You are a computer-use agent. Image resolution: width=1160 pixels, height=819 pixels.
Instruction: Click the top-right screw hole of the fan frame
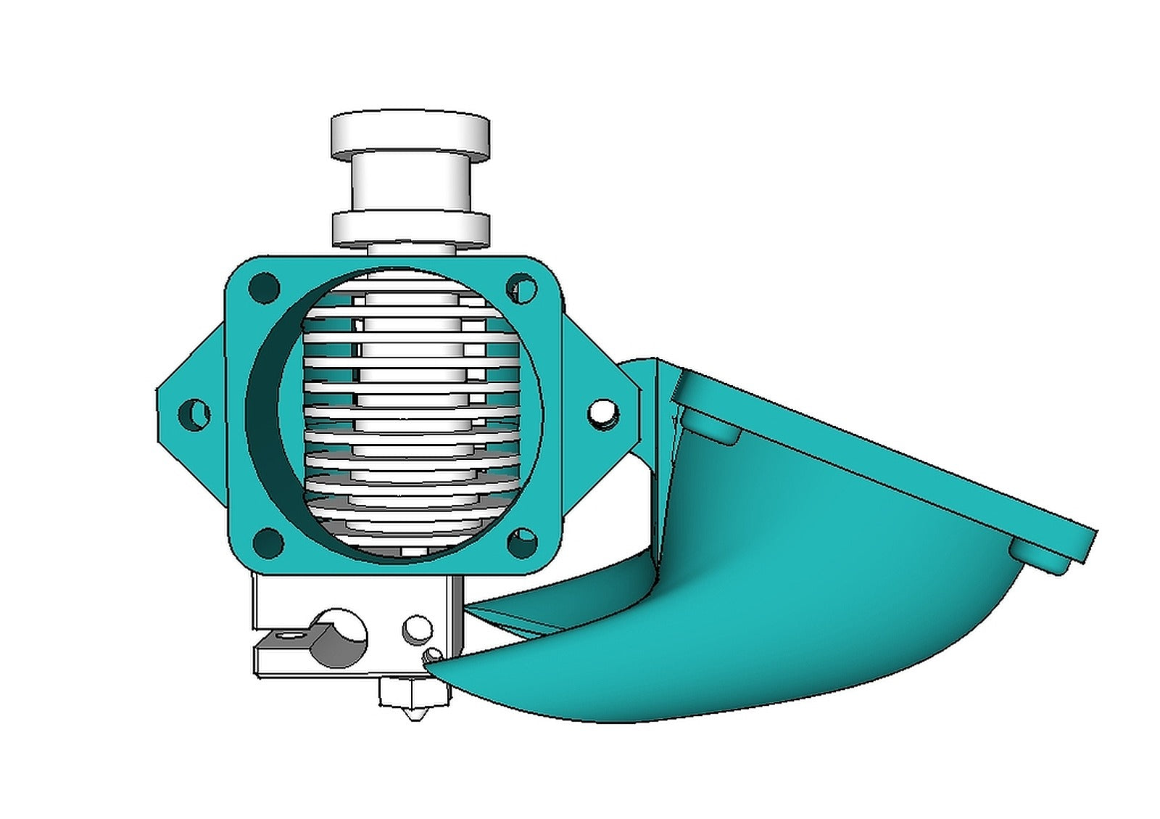click(x=521, y=288)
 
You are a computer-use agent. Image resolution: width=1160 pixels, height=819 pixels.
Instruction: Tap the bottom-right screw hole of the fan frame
click(x=522, y=543)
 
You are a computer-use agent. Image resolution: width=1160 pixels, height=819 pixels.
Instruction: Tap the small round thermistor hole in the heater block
click(x=418, y=629)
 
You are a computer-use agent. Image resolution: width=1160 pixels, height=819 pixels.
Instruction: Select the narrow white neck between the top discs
click(x=410, y=185)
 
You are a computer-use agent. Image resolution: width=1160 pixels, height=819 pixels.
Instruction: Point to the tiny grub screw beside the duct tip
click(x=433, y=655)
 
